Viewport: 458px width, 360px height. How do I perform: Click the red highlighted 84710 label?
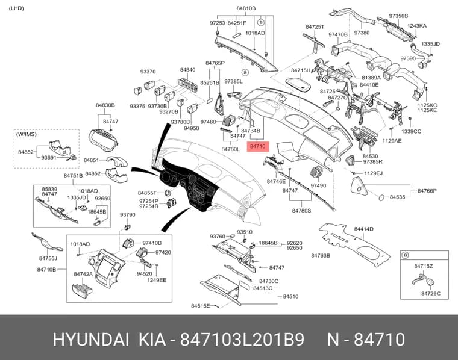coord(258,146)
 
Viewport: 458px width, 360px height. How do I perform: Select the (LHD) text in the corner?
coord(16,8)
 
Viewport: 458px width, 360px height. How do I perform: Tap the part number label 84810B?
coord(246,8)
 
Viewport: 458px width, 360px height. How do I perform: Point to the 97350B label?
coord(398,16)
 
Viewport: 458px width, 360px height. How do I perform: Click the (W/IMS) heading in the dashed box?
coord(27,134)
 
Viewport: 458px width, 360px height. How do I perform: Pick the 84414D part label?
coord(363,229)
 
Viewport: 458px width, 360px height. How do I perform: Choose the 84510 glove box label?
coord(290,296)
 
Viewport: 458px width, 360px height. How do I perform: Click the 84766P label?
coord(427,191)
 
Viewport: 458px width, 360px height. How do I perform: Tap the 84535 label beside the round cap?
coord(398,197)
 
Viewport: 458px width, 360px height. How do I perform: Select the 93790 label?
coord(128,215)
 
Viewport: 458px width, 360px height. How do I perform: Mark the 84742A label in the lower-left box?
coord(83,274)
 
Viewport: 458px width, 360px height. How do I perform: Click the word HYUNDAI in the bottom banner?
coord(91,340)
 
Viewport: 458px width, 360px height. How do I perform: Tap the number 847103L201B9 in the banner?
coord(242,340)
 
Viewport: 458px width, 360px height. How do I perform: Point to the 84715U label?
coord(301,70)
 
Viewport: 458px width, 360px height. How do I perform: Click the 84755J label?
coord(48,258)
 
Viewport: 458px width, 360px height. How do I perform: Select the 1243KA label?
coord(417,26)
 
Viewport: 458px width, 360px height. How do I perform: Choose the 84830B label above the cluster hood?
coord(105,105)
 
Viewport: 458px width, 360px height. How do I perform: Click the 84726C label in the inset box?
coord(431,293)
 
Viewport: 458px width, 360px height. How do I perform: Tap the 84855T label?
coord(148,193)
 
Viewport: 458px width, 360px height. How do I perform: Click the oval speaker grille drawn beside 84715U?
coord(298,83)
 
